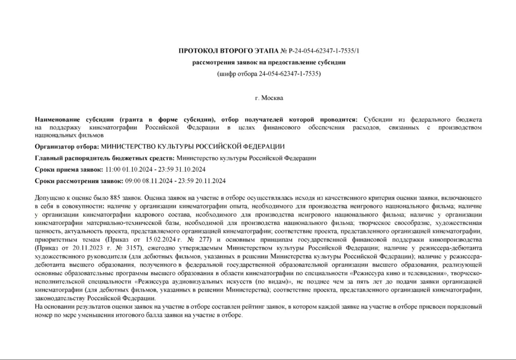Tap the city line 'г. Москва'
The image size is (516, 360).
click(269, 98)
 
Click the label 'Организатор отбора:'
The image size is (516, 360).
click(67, 146)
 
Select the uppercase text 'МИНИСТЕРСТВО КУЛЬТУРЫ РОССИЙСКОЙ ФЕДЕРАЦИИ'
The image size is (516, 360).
click(193, 146)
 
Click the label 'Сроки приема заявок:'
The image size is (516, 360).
click(69, 169)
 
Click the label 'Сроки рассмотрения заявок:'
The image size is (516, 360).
click(79, 181)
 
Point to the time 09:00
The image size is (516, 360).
click(132, 181)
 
